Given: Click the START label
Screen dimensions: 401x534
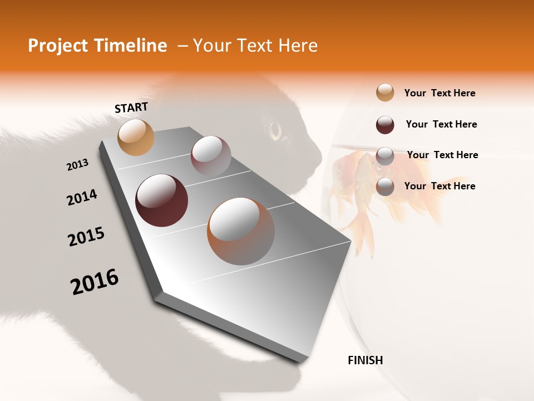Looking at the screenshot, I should click(x=131, y=107).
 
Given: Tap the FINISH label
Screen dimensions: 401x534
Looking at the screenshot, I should click(x=365, y=360).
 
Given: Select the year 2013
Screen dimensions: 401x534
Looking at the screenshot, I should click(x=77, y=165).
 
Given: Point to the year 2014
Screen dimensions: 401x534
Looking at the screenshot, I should click(x=82, y=198).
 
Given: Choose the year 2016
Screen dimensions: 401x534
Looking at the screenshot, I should click(x=95, y=282).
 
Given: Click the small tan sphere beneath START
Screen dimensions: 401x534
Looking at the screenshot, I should click(x=136, y=137).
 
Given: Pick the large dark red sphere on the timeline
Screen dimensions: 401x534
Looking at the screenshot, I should click(x=161, y=200).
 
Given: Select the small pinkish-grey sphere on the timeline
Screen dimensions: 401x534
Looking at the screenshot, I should click(x=211, y=155).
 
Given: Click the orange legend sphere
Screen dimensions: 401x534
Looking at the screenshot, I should click(x=385, y=93).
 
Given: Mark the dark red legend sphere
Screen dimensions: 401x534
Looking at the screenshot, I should click(x=385, y=125).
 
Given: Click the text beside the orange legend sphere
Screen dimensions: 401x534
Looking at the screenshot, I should click(x=439, y=93).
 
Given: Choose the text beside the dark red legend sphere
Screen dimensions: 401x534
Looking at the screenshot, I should click(x=441, y=124).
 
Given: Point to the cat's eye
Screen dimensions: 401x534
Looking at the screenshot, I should click(x=275, y=131).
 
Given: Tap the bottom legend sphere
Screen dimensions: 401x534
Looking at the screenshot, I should click(x=385, y=187).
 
